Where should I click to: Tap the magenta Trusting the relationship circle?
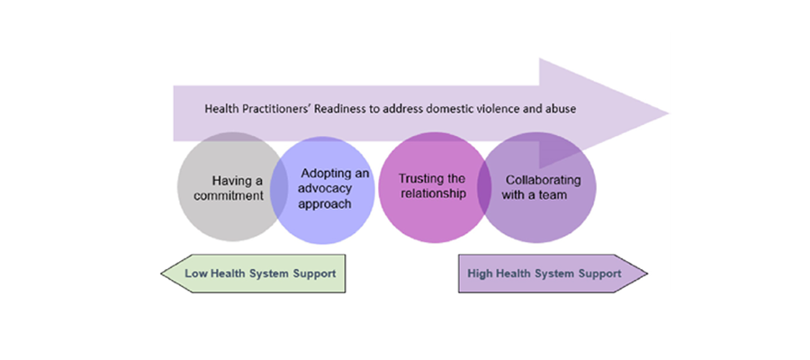[430, 186]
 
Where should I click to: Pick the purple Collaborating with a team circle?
[537, 186]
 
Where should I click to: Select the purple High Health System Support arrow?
[552, 273]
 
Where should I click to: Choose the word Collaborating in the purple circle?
[537, 178]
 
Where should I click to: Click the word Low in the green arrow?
[196, 273]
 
